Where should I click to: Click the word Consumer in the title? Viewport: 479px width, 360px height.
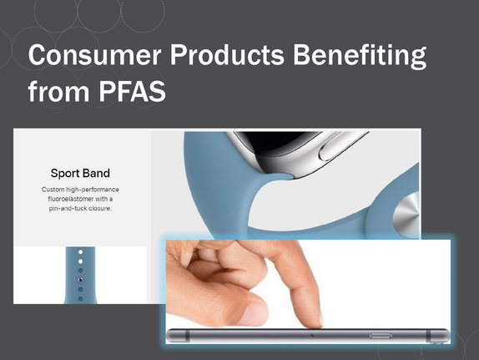[94, 54]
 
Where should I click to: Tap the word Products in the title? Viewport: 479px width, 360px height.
[227, 54]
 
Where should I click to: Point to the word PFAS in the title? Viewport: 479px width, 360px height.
[132, 91]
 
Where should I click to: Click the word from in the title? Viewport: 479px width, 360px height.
[58, 90]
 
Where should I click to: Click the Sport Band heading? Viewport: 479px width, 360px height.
[80, 173]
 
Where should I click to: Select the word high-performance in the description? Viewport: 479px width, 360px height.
[93, 190]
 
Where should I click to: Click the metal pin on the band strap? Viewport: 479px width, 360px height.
[80, 280]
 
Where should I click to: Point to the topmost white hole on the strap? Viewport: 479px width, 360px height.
[80, 252]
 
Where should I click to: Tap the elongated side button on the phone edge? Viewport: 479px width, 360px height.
[381, 336]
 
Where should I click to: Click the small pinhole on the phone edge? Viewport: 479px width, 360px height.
[311, 336]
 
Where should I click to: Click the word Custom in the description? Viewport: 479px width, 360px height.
[53, 190]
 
